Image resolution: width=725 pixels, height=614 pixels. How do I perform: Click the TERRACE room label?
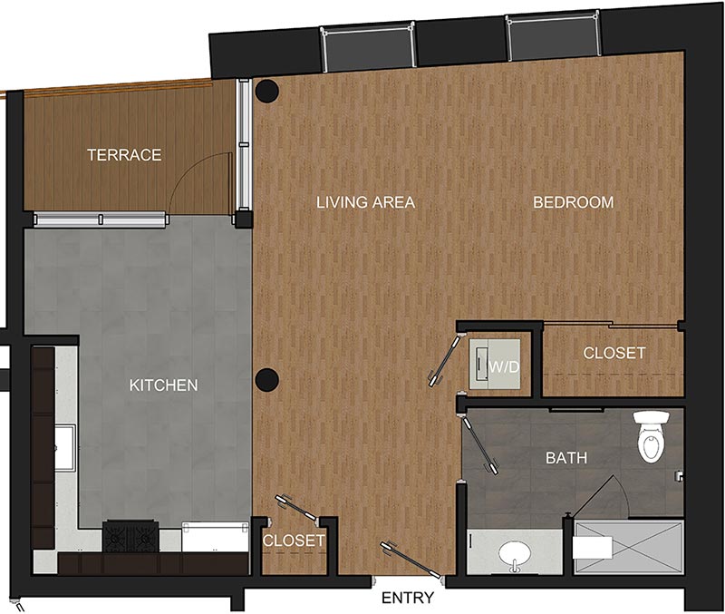[x=124, y=155]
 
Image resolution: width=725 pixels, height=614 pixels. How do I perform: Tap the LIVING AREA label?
[x=365, y=202]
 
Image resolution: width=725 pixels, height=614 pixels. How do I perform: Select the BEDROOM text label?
[x=573, y=202]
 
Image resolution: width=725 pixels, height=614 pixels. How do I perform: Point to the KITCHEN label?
[x=163, y=385]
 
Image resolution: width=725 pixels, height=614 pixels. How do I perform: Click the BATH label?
[x=565, y=458]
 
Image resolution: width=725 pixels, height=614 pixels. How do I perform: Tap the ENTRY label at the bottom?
[x=407, y=599]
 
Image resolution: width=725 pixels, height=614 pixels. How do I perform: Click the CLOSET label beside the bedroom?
[x=614, y=352]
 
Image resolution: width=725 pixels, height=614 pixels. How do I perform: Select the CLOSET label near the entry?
[x=293, y=541]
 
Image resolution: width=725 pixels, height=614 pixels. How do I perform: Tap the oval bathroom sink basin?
[x=516, y=552]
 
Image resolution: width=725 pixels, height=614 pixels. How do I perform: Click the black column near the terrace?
[x=266, y=91]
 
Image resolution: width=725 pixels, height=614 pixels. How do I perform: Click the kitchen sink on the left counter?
[x=65, y=449]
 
